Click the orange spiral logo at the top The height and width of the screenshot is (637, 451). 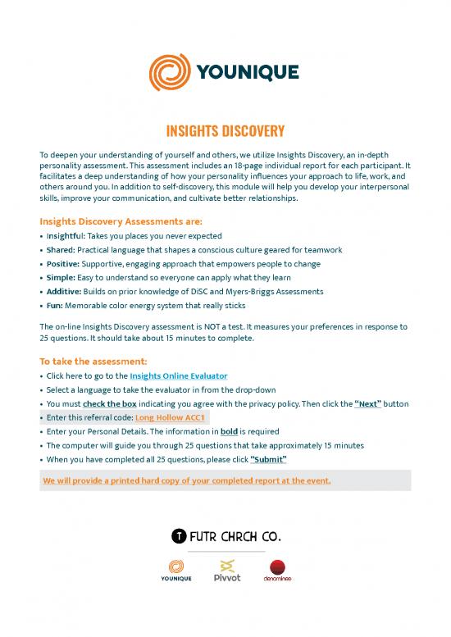coord(169,73)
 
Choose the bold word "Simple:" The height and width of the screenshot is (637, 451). coord(58,278)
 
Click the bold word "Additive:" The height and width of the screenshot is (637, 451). coord(62,292)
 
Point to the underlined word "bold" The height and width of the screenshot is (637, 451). coord(229,431)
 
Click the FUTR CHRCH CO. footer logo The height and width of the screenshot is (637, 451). coord(225,537)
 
